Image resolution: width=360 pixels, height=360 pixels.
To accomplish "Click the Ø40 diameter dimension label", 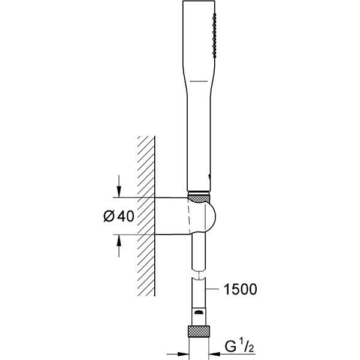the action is tap(118, 216).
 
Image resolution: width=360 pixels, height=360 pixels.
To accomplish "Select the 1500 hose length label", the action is tap(240, 289).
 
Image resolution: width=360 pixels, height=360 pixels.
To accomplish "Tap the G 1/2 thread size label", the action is tap(239, 346).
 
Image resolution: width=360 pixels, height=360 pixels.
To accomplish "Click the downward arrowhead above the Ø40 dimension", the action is tap(119, 191).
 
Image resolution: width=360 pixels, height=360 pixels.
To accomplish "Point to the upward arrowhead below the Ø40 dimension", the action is tap(119, 241).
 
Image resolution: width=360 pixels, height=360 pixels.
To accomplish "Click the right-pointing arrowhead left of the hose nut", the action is tap(183, 354).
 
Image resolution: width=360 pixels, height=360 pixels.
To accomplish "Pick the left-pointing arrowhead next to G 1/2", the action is tap(215, 354).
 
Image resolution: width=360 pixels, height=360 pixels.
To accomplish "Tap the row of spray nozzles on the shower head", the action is tap(214, 35).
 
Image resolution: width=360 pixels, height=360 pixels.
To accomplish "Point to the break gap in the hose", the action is tap(199, 273).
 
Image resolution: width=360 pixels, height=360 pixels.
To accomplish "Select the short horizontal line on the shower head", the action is tap(199, 81).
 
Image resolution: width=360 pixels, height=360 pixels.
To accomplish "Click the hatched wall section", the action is tap(146, 216).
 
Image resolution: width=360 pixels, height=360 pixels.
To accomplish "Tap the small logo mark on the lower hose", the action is tap(199, 312).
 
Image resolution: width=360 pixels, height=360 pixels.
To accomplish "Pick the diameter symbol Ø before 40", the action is tap(109, 216).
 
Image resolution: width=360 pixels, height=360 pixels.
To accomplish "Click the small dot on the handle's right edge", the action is tap(209, 176).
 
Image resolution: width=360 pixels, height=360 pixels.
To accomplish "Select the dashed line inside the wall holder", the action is tap(189, 216).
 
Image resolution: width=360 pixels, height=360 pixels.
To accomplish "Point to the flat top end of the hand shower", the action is tap(199, 1).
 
